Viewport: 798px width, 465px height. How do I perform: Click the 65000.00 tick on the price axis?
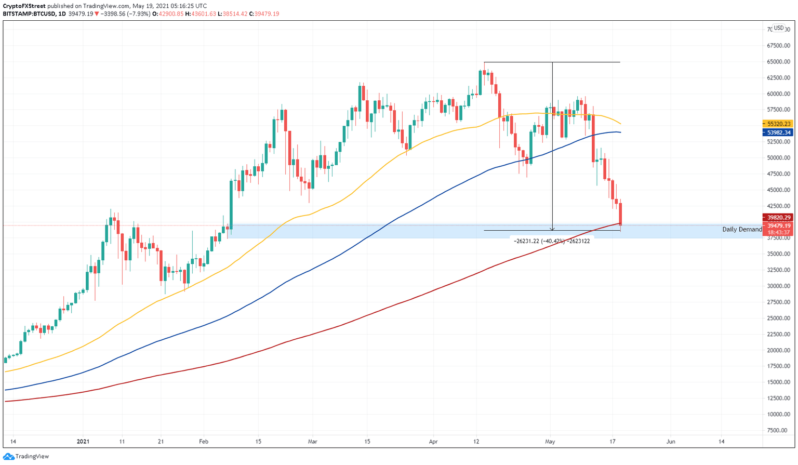click(x=778, y=62)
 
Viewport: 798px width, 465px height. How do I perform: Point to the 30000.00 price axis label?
click(x=778, y=286)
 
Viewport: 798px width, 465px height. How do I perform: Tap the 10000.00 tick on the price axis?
click(x=778, y=415)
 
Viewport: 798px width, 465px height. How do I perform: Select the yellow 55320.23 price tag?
click(x=778, y=124)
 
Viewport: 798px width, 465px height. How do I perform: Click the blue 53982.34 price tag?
click(x=778, y=132)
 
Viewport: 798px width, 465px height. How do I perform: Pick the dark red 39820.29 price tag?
click(x=778, y=218)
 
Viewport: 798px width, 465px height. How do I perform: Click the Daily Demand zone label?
click(x=742, y=230)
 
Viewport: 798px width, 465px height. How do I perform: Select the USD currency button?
click(x=778, y=28)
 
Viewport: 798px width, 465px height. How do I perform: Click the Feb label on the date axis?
click(x=204, y=442)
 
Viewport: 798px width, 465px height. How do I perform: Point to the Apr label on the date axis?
click(x=433, y=442)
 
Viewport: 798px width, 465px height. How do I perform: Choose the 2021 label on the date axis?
click(x=83, y=442)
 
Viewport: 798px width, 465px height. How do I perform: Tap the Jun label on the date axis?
click(x=671, y=442)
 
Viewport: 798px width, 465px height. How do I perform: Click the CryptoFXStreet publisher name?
click(x=23, y=6)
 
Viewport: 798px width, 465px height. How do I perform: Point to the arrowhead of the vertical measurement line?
click(x=552, y=229)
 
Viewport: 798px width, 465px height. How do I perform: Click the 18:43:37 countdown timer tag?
click(x=778, y=233)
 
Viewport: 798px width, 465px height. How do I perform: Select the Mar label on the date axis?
click(x=312, y=442)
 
